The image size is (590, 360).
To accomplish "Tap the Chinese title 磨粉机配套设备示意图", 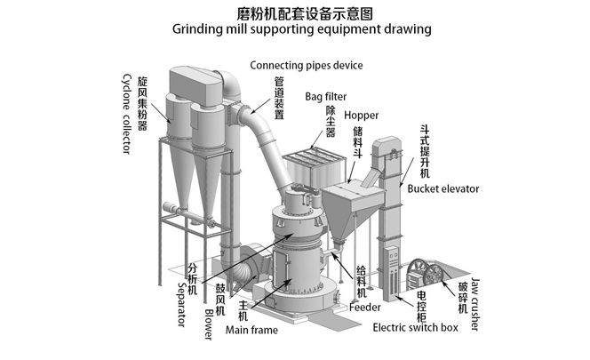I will [295, 12].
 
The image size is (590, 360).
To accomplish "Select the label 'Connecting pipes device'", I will [307, 65].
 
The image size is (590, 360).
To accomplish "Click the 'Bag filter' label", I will [326, 96].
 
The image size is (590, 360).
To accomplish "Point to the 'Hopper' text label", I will [362, 116].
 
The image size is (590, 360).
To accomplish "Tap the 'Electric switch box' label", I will [415, 327].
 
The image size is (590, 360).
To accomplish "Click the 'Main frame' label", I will [252, 330].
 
